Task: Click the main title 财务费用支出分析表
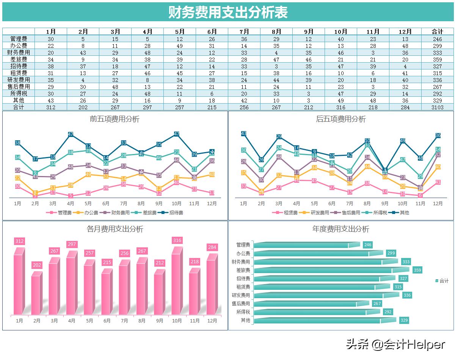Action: click(228, 12)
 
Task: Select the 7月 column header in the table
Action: click(244, 31)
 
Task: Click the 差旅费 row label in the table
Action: click(19, 59)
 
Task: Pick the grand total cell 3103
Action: click(437, 107)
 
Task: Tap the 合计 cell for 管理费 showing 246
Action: click(437, 39)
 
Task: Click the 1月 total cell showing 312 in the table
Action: click(51, 107)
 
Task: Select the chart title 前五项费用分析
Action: click(115, 119)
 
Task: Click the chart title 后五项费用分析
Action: click(340, 119)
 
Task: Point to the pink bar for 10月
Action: click(176, 283)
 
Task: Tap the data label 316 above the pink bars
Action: click(177, 241)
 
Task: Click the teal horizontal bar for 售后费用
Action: click(305, 304)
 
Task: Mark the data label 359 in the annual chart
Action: click(417, 270)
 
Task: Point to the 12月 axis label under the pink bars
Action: click(212, 321)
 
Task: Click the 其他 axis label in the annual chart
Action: click(245, 320)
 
